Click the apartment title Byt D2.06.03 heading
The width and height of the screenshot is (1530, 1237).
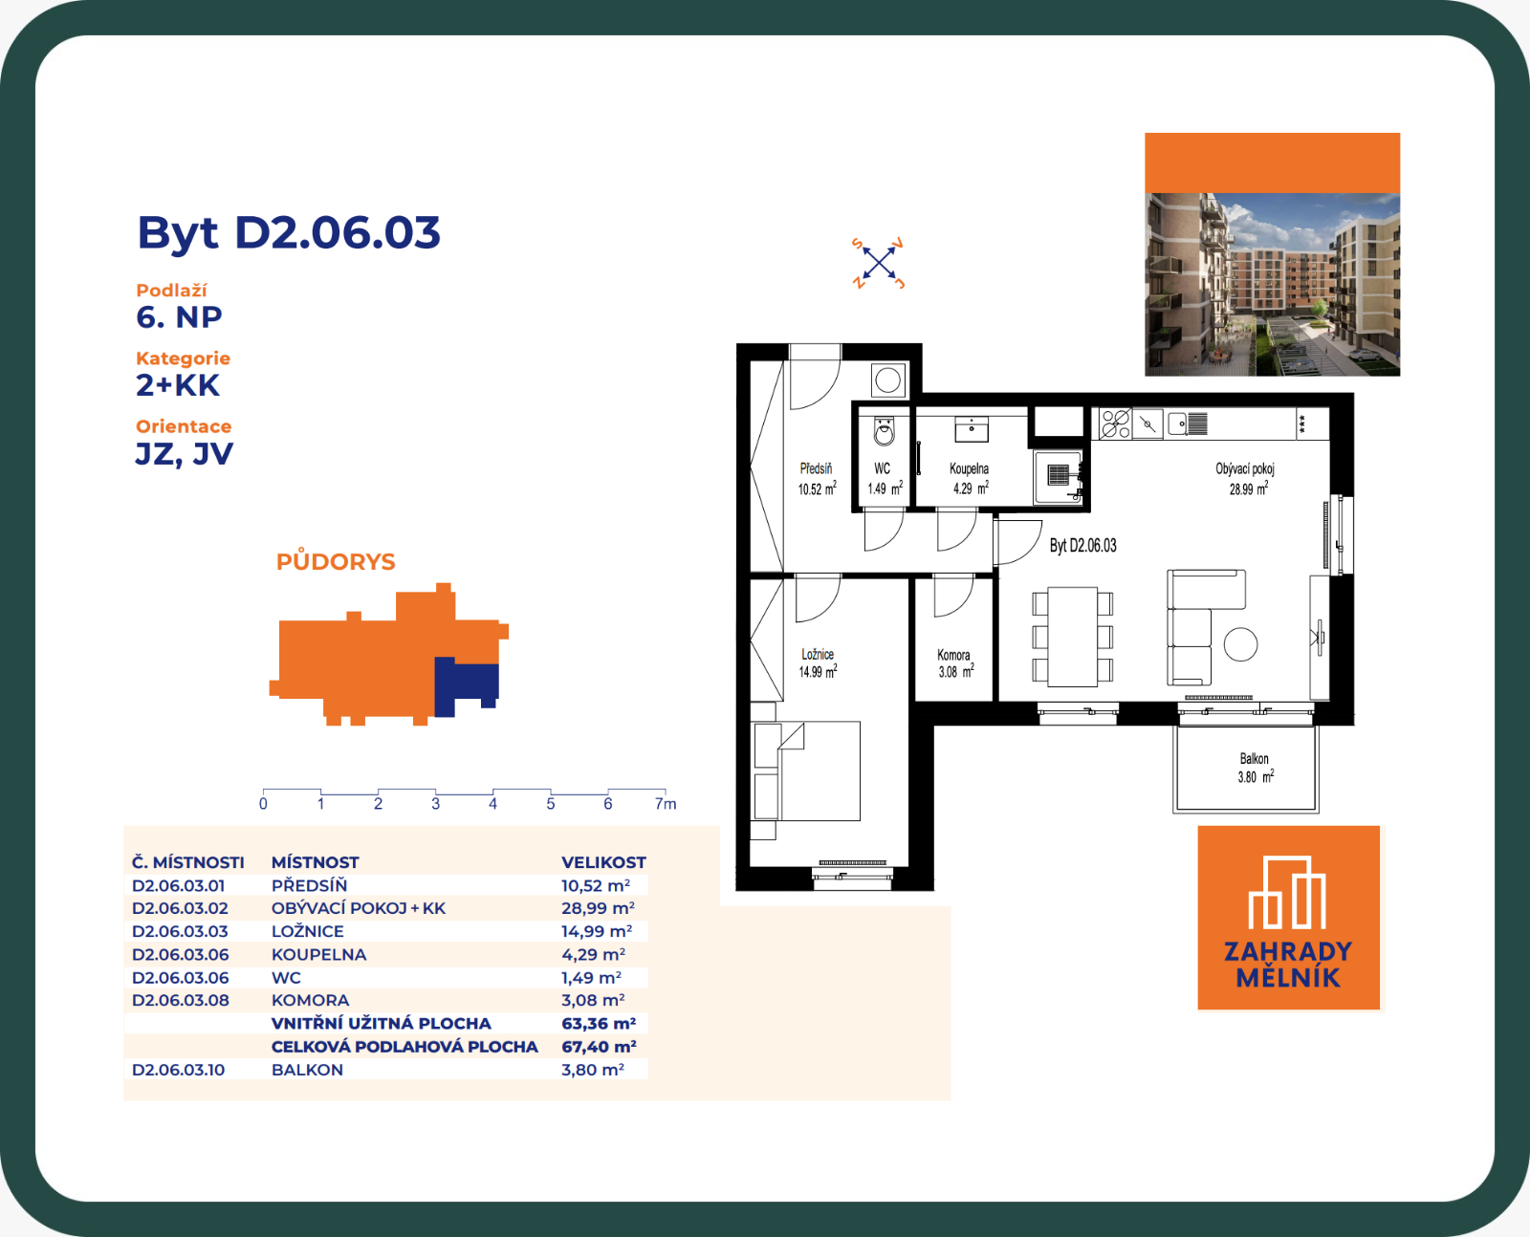click(288, 232)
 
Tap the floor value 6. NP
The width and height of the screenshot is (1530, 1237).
click(179, 317)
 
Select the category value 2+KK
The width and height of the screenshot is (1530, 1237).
click(178, 385)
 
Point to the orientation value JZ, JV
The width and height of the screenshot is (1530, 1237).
click(184, 454)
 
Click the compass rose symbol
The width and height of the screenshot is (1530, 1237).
click(879, 263)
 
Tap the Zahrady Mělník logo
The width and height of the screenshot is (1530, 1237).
click(1289, 918)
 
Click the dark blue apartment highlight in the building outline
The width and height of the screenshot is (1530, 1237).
click(465, 684)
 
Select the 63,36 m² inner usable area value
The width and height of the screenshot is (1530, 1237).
click(599, 1023)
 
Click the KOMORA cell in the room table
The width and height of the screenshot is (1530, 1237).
click(311, 1000)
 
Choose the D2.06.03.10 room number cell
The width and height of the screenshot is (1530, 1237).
click(178, 1070)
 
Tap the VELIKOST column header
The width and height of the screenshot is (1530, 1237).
click(603, 862)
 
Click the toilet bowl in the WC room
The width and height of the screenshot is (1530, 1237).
click(885, 432)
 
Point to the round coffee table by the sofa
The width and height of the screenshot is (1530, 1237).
click(1240, 644)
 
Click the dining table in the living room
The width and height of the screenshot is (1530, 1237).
click(1073, 637)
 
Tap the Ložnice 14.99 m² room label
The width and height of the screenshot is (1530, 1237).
click(818, 663)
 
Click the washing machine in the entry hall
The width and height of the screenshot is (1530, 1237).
click(888, 380)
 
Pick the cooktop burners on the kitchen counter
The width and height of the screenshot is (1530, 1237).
click(1116, 423)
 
